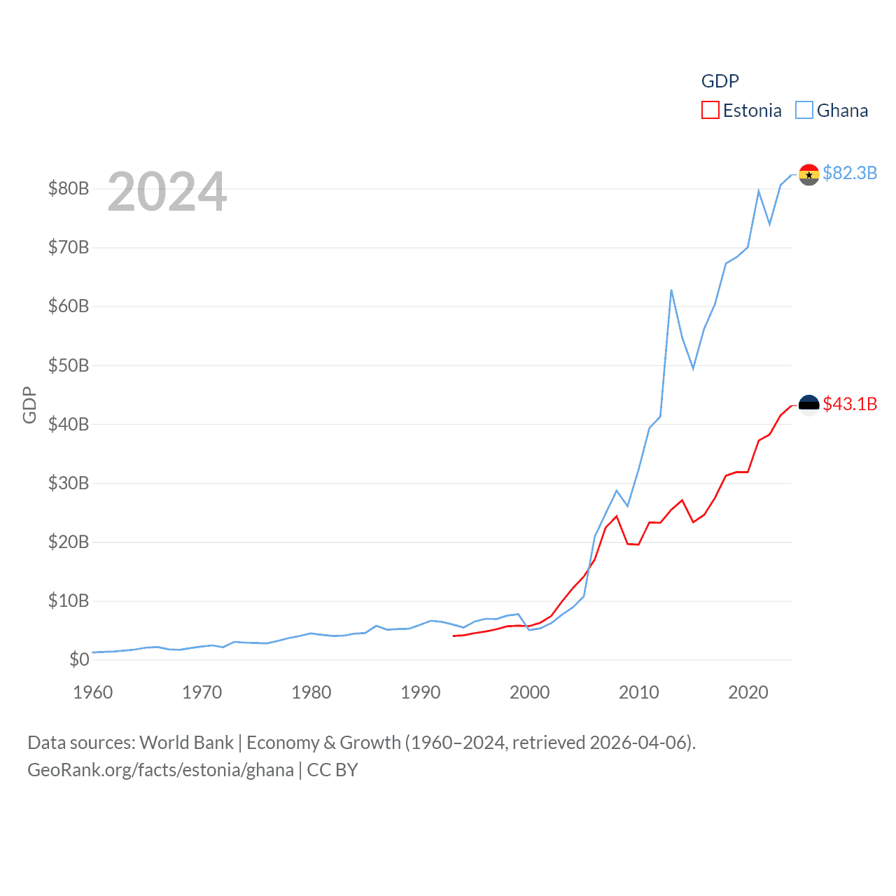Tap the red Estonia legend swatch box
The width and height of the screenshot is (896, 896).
point(710,111)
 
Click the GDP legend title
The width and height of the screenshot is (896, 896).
point(720,81)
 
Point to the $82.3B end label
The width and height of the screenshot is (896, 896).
point(850,173)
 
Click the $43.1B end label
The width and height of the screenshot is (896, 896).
point(850,404)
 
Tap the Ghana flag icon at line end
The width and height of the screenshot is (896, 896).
point(809,175)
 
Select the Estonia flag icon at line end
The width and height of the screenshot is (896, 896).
point(809,405)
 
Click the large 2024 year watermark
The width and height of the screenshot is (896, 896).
point(167,191)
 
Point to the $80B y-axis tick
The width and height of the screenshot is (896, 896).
point(68,188)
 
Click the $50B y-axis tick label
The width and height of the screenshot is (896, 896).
point(68,365)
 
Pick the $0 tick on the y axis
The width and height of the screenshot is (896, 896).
point(79,659)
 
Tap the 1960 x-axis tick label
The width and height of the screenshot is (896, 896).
point(93,692)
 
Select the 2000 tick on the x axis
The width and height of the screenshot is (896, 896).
point(530,692)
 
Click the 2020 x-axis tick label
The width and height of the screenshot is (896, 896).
point(748,692)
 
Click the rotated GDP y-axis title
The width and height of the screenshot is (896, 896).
point(29,405)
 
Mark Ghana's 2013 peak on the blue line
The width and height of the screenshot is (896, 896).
point(671,290)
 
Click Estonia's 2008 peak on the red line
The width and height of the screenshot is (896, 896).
point(617,517)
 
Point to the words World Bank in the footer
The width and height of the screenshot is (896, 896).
point(187,742)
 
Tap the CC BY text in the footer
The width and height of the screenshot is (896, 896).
point(332,770)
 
